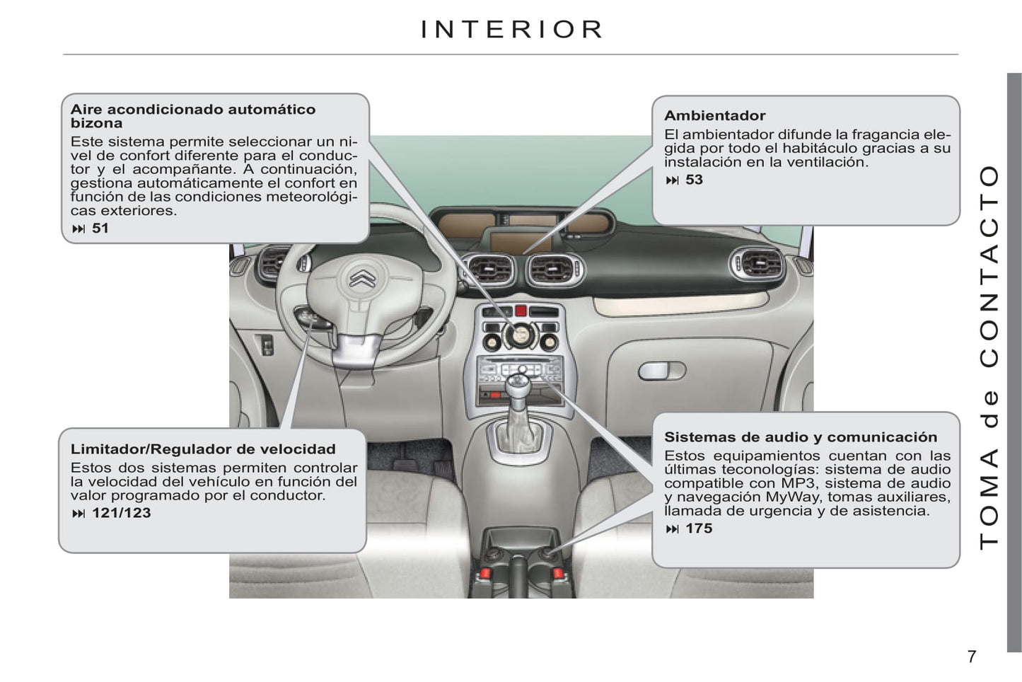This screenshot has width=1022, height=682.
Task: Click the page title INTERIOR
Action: tap(511, 29)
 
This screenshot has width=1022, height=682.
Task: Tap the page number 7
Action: tap(972, 657)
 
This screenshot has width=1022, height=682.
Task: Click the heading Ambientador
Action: tap(714, 115)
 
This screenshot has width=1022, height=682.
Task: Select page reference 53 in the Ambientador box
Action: tap(694, 180)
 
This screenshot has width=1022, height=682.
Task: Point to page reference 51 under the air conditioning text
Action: tap(100, 229)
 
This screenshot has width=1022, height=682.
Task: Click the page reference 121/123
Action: tap(122, 513)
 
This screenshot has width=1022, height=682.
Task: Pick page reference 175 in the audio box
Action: tap(699, 528)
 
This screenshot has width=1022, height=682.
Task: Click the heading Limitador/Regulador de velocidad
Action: tap(203, 449)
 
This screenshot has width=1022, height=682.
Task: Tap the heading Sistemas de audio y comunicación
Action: tap(801, 437)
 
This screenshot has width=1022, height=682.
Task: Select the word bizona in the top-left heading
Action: tap(96, 123)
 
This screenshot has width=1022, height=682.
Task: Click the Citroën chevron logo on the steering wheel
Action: tap(363, 277)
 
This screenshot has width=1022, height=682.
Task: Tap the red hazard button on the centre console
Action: tap(521, 311)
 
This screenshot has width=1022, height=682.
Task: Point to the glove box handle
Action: tap(661, 371)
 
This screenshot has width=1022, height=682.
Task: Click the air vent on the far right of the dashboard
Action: tap(757, 263)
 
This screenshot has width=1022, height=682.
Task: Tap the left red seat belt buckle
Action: tap(484, 573)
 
